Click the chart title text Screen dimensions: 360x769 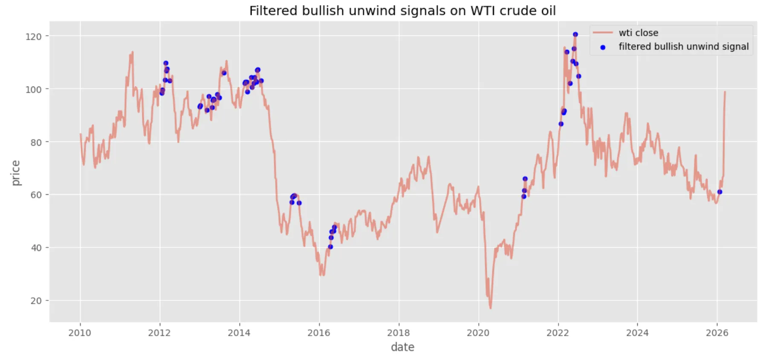pyautogui.click(x=402, y=11)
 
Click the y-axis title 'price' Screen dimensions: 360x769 pyautogui.click(x=16, y=173)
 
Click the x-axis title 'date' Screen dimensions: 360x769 pyautogui.click(x=402, y=347)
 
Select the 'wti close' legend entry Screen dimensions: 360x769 pyautogui.click(x=638, y=33)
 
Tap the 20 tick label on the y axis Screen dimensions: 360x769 pyautogui.click(x=36, y=301)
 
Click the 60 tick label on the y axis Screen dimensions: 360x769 pyautogui.click(x=36, y=195)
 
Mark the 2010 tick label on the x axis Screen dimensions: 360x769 pyautogui.click(x=80, y=333)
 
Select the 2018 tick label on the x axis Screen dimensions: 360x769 pyautogui.click(x=398, y=333)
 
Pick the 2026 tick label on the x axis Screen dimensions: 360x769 pyautogui.click(x=717, y=333)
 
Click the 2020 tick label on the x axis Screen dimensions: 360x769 pyautogui.click(x=478, y=333)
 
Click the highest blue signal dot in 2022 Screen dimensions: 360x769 pyautogui.click(x=575, y=35)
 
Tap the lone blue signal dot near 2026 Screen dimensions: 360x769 pyautogui.click(x=720, y=192)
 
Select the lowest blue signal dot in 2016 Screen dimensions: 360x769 pyautogui.click(x=330, y=247)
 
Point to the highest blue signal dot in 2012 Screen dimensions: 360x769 pyautogui.click(x=166, y=63)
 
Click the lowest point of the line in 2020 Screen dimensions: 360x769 pyautogui.click(x=491, y=308)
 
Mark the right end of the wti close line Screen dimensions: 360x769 pyautogui.click(x=725, y=92)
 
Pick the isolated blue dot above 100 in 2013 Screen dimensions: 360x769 pyautogui.click(x=224, y=73)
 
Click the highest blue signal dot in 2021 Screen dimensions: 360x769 pyautogui.click(x=525, y=179)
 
